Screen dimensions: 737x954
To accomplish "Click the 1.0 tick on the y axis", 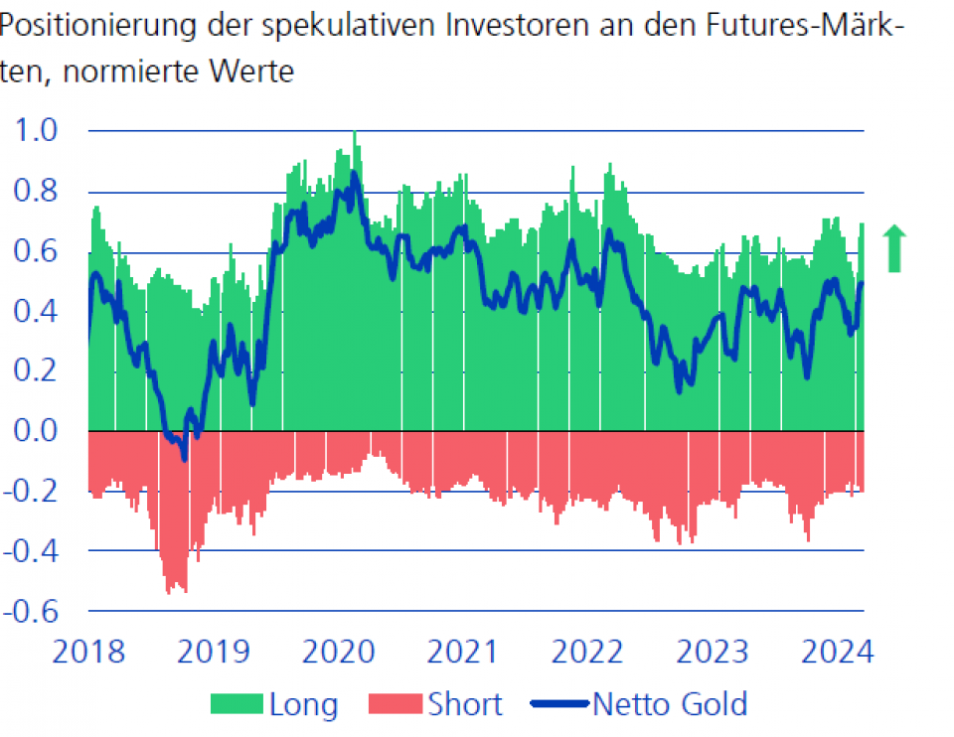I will (35, 131).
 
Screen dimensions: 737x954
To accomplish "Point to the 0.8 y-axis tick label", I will (35, 192).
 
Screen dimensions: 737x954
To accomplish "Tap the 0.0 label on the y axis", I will (35, 431).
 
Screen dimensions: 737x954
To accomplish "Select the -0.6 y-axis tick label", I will (30, 610).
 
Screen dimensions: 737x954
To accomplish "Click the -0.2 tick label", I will (30, 491).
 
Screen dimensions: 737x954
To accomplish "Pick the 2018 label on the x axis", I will (88, 653).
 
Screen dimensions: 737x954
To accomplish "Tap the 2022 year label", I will (588, 653).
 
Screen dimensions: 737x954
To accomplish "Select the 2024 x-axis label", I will (836, 653).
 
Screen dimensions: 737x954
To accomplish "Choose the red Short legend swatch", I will (396, 705).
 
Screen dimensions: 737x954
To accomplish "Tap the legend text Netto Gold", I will (669, 704).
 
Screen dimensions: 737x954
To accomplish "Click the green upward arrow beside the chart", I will (895, 248).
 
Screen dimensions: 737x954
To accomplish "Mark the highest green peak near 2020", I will (355, 134).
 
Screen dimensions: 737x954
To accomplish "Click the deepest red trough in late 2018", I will (184, 590).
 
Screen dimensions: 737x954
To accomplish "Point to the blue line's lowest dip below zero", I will (184, 459).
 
